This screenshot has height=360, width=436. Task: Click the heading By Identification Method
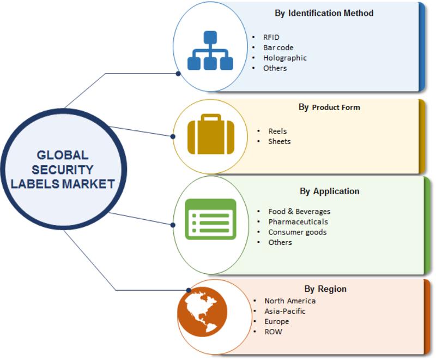pos(324,13)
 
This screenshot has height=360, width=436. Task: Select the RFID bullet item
pos(272,37)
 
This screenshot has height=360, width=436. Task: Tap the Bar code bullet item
pos(278,47)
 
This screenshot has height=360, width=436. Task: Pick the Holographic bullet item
pos(284,58)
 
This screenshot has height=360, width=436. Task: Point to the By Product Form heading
pos(329,107)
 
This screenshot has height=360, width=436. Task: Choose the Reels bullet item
pos(277,131)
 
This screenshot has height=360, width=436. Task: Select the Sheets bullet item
pos(280,141)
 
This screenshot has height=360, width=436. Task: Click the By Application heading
pos(329,191)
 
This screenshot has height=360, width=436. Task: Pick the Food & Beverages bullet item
pos(299,211)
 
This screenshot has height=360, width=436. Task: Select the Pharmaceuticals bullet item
pos(298,221)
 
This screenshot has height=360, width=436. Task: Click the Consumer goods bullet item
pos(298,232)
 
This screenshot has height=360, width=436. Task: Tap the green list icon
pos(210,219)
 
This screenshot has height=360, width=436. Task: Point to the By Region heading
pos(325,289)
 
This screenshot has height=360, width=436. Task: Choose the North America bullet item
pos(290,301)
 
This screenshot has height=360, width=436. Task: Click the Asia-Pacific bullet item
pos(285,311)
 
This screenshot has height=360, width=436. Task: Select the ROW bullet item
pos(273,332)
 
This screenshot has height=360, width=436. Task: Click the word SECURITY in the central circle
pos(63,170)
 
